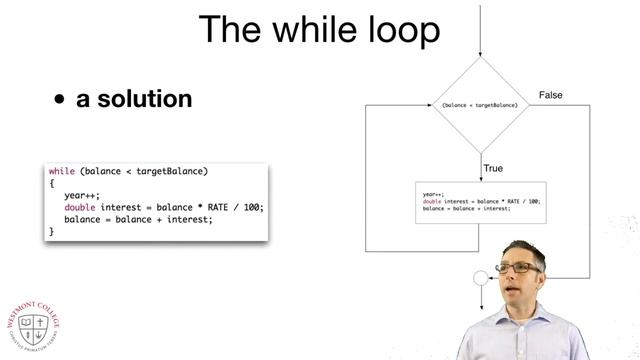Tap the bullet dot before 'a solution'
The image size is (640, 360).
60,100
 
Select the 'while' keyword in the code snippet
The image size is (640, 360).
62,171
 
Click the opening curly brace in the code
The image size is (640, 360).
51,183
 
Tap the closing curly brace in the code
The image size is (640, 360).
51,231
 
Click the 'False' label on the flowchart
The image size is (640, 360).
551,95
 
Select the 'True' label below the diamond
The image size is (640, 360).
493,169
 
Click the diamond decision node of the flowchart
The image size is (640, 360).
480,104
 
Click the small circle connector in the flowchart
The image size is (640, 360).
480,277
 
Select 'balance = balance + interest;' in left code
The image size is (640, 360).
138,219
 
